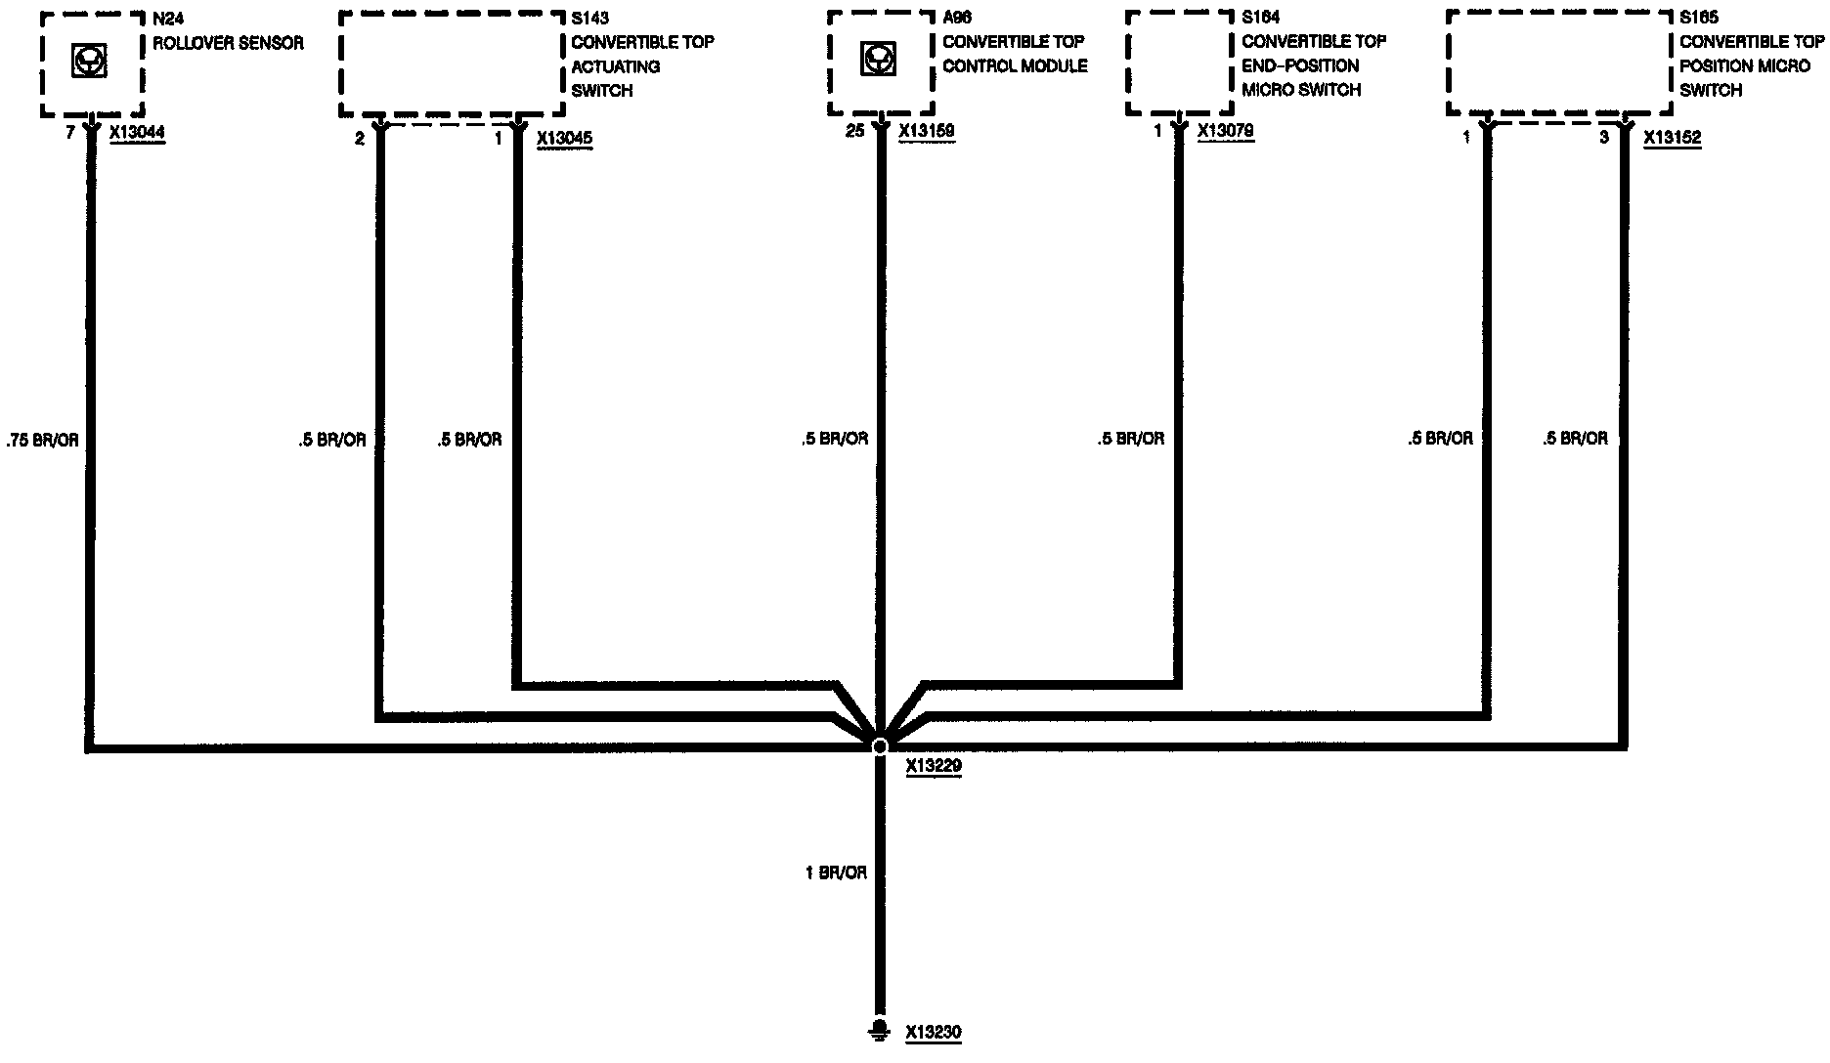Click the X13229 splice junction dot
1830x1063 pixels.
(879, 746)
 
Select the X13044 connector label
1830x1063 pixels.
(138, 134)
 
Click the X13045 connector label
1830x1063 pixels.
(564, 139)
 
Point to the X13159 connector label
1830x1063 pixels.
(926, 131)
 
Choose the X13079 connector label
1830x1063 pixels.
(1225, 131)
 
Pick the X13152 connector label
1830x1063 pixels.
(1672, 139)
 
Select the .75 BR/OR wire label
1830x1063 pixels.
(42, 441)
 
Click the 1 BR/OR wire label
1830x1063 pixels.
(836, 872)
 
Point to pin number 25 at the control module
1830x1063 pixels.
(855, 131)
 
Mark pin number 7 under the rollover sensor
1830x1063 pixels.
(69, 134)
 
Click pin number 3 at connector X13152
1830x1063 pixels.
(1603, 139)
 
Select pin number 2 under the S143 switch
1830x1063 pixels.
(360, 139)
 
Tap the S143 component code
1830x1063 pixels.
(589, 19)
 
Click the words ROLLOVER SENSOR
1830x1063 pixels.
(228, 43)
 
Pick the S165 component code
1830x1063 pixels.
(1698, 18)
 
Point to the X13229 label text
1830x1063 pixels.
(933, 767)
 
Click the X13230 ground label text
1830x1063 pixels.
(933, 1032)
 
